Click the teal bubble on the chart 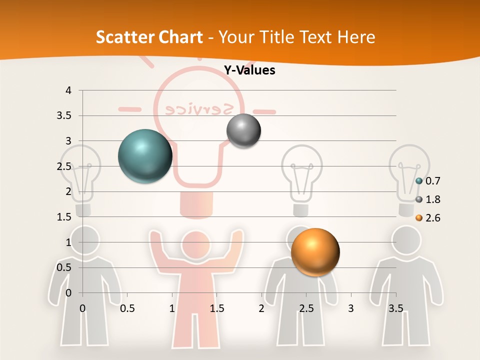pos(145,156)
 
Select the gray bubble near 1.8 pos(243,131)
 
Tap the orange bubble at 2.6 pos(315,252)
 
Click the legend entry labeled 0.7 pos(432,180)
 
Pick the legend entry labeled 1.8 pos(432,199)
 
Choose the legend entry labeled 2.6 pos(432,218)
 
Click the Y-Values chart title pos(249,70)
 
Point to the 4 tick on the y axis pos(68,90)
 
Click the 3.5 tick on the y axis pos(65,115)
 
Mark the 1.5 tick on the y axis pos(65,217)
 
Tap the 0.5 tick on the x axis pos(127,308)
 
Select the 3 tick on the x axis pos(350,308)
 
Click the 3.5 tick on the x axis pos(395,308)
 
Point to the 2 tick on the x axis pos(261,308)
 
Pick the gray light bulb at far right pos(409,175)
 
